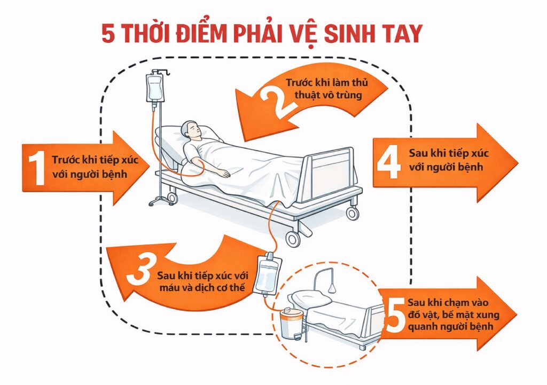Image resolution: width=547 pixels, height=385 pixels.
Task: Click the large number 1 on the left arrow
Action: pyautogui.click(x=37, y=168)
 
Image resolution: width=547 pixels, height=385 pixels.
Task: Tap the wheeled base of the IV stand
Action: pyautogui.click(x=159, y=200)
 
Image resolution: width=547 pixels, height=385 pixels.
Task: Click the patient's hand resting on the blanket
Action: pyautogui.click(x=225, y=174)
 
